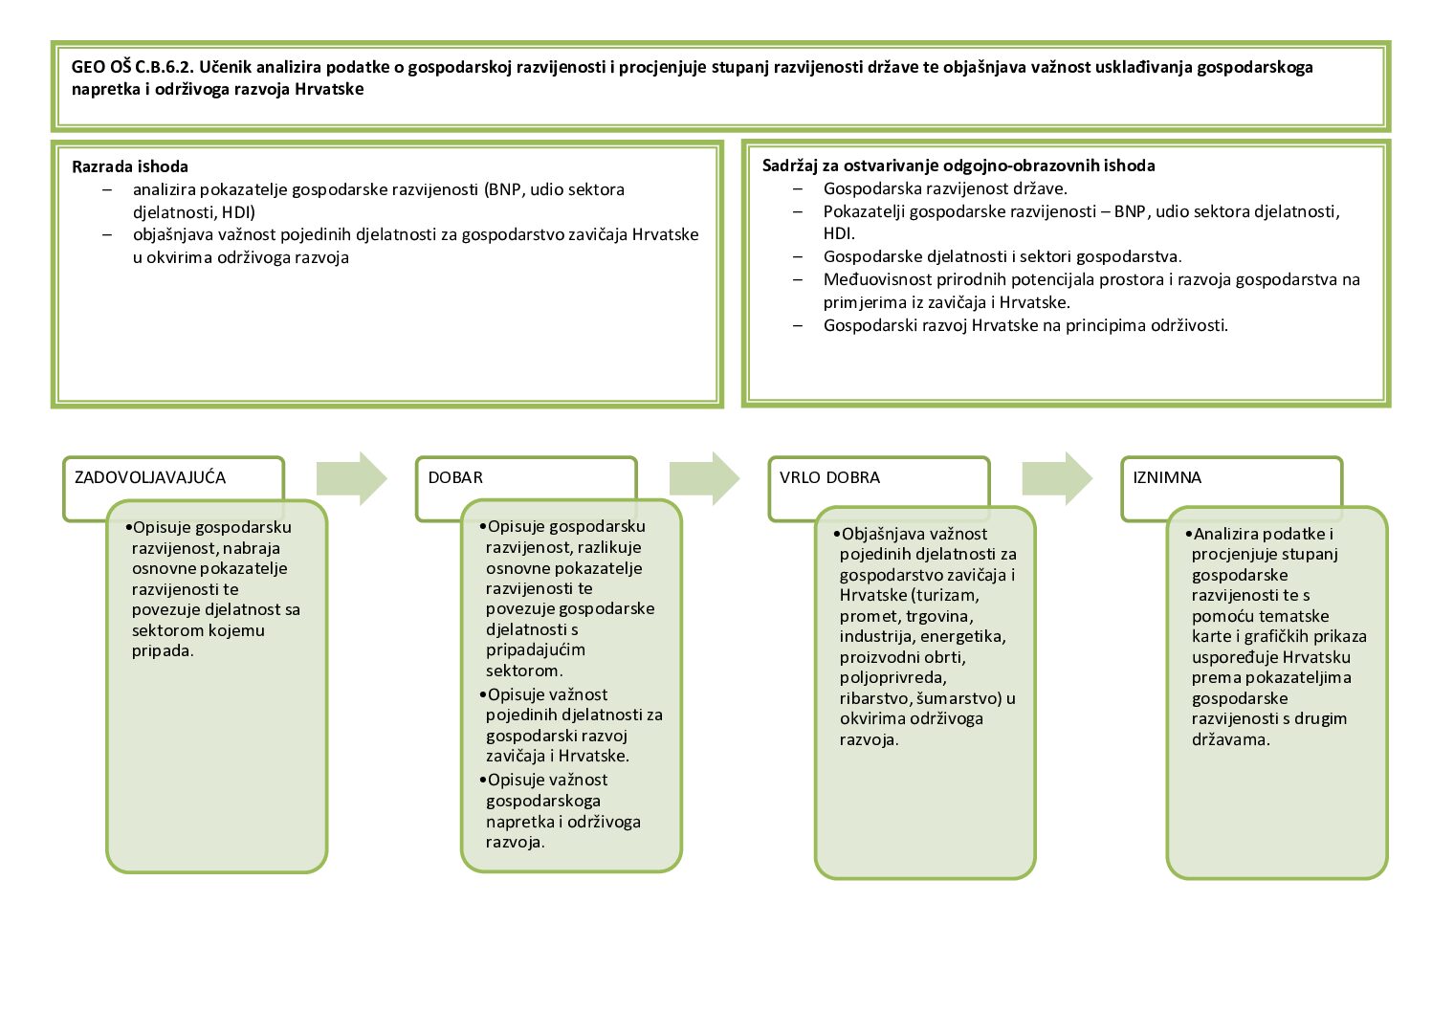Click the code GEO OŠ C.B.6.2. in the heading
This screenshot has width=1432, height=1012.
tap(132, 67)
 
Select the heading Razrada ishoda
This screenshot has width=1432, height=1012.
tap(130, 166)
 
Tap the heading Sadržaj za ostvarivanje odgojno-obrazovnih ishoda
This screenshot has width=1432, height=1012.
tap(958, 165)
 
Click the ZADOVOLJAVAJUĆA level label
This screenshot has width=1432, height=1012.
tap(150, 477)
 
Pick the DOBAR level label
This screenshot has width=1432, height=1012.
tap(455, 477)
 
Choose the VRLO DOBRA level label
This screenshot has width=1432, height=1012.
tap(829, 477)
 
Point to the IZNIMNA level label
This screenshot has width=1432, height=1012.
tap(1167, 477)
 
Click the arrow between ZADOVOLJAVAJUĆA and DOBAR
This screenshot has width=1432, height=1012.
tap(351, 477)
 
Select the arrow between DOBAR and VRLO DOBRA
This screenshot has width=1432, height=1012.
tap(704, 477)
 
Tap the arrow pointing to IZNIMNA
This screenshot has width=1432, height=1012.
tap(1057, 477)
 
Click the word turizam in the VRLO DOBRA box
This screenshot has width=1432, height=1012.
tap(947, 596)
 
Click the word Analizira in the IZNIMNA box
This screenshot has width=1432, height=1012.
tap(1226, 534)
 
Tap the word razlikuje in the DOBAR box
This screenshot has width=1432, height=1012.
tap(609, 547)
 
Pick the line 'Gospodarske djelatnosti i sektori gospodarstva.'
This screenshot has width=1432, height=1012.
tap(1002, 256)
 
